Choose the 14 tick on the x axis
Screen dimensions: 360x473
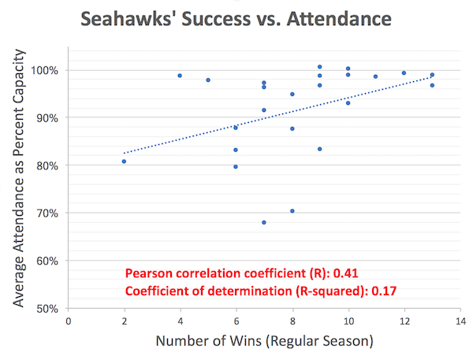click(460, 321)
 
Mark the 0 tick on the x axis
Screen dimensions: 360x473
click(69, 321)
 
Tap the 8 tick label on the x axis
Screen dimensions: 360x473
click(292, 321)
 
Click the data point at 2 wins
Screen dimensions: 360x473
click(125, 161)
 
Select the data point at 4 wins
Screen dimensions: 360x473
click(180, 76)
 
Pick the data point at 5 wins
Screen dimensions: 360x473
click(208, 80)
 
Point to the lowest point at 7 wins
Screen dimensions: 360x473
click(264, 223)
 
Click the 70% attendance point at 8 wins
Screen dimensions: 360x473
click(292, 211)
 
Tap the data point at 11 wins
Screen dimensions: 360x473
click(376, 76)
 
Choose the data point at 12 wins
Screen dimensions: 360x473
click(404, 73)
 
